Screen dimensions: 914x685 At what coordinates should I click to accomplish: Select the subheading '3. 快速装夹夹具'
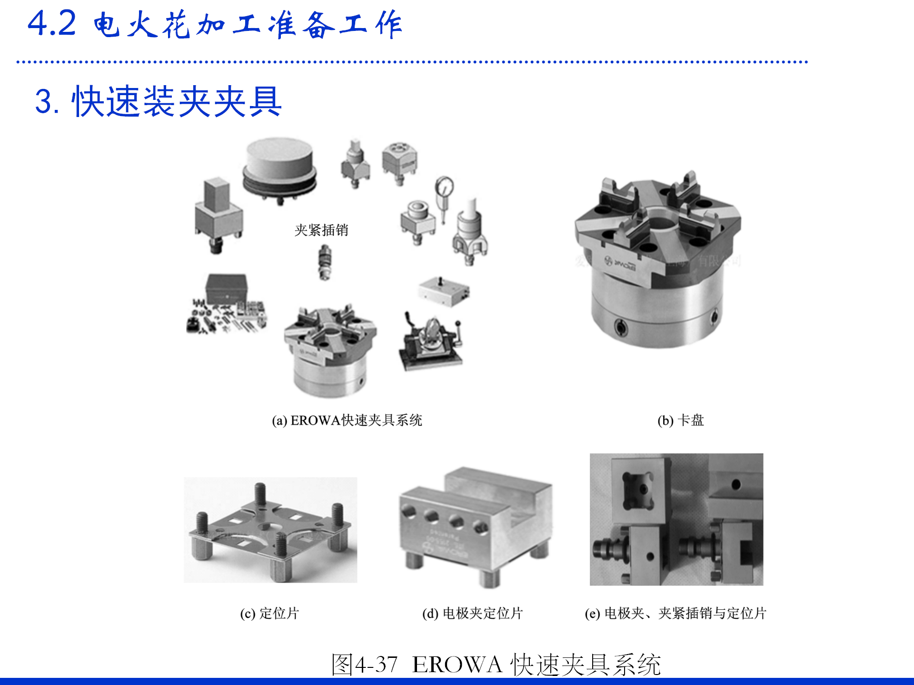158,101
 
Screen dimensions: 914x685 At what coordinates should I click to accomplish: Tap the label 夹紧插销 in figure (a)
321,230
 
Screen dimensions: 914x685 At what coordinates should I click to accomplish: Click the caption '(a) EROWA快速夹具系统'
347,420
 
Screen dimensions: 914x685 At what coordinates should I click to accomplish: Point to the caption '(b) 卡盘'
680,420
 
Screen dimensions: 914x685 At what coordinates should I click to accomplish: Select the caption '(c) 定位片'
269,613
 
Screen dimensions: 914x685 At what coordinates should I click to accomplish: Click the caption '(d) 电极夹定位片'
473,613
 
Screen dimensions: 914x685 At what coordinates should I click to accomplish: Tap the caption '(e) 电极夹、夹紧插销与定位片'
676,613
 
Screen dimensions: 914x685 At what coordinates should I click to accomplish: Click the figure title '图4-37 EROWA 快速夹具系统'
496,664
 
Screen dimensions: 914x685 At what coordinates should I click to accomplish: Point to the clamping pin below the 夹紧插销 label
325,262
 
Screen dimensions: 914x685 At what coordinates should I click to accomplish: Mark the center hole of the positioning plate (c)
269,527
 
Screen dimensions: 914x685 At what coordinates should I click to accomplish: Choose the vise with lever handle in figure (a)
431,340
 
